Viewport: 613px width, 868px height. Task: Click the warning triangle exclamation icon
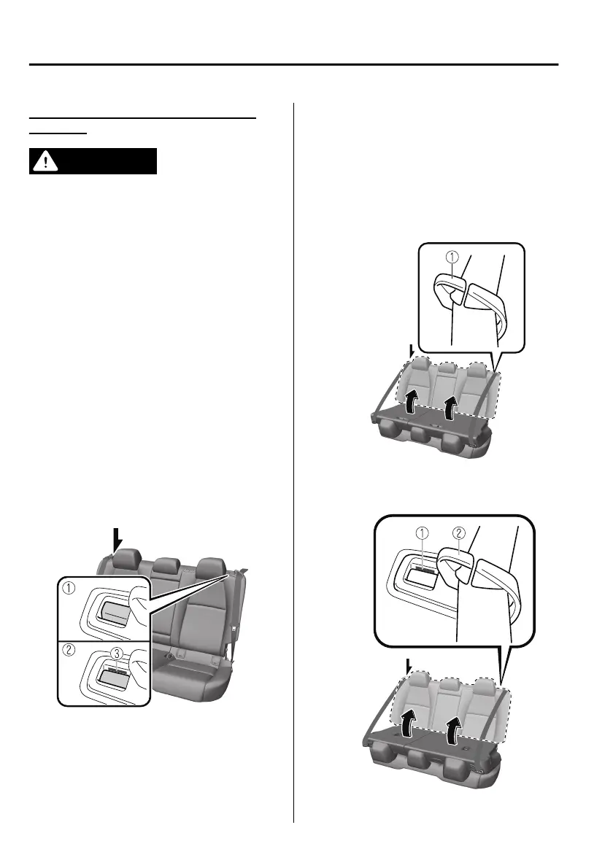tap(45, 161)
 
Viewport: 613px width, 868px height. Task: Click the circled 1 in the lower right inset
tap(423, 532)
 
